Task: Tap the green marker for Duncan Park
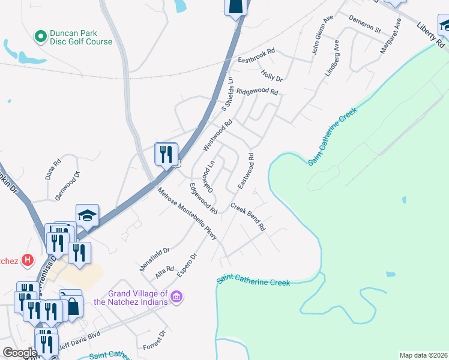coord(41,37)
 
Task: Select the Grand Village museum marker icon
coord(176,297)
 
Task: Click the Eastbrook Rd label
coord(256,55)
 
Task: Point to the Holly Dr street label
coord(271,75)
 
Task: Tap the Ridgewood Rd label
coord(257,92)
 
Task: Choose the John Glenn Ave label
coord(322,36)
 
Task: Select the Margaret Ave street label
coord(390,37)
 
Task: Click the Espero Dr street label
coord(187,265)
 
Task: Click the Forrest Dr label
coord(154,340)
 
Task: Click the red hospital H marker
coord(27,260)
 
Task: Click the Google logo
coord(20,352)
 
